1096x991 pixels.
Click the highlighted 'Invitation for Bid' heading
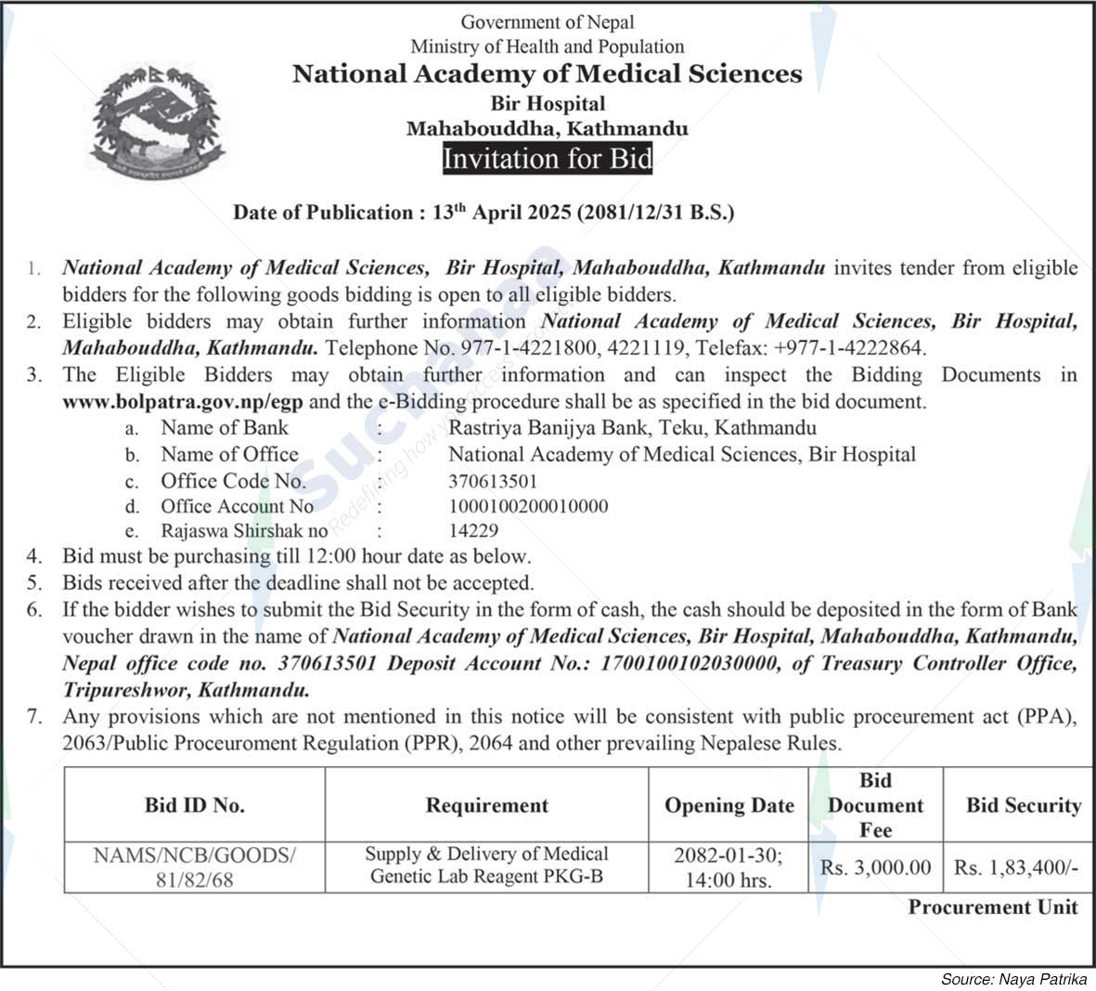tap(548, 159)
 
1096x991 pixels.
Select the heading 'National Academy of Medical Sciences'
tap(547, 73)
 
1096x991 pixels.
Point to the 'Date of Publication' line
tap(484, 213)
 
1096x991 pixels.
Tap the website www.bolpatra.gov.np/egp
tap(184, 402)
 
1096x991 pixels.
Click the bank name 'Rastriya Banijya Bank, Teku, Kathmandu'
tap(632, 428)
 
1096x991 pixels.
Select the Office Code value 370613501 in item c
tap(493, 481)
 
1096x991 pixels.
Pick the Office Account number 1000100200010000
tap(528, 506)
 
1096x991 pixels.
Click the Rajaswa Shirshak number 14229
tap(473, 531)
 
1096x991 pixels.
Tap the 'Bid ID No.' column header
tap(195, 805)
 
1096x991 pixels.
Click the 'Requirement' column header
tap(487, 805)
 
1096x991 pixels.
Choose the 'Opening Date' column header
tap(729, 805)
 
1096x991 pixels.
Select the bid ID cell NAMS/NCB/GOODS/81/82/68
tap(195, 866)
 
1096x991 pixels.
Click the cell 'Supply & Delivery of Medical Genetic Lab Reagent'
tap(487, 865)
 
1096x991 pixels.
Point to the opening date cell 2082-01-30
tap(729, 866)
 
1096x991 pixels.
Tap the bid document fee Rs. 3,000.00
tap(875, 867)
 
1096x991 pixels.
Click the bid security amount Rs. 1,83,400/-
tap(1016, 867)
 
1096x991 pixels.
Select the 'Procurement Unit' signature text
tap(993, 907)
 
